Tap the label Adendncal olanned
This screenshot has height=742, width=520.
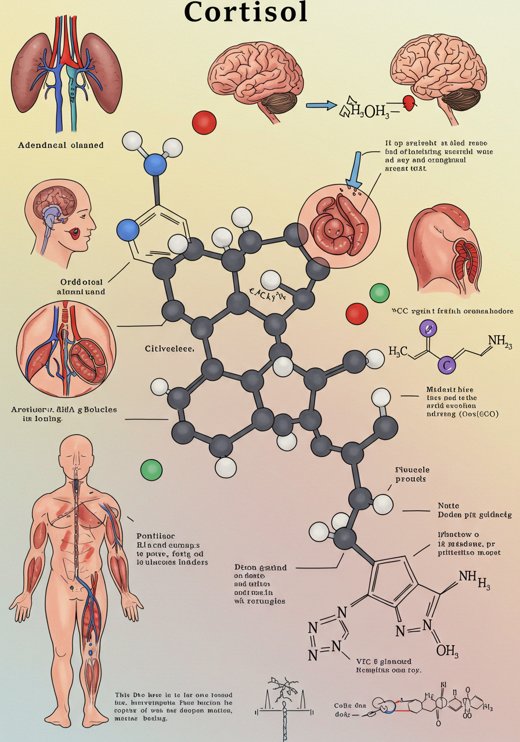click(61, 145)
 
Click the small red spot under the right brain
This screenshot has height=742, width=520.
click(409, 103)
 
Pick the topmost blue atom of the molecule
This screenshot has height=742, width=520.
click(155, 164)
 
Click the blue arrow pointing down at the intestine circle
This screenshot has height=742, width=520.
click(353, 171)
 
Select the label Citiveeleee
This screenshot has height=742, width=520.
click(169, 350)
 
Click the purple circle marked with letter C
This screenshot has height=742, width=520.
click(446, 365)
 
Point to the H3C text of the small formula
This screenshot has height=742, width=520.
click(398, 351)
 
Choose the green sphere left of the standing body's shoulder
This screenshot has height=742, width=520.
click(151, 468)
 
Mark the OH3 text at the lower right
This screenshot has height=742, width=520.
click(447, 651)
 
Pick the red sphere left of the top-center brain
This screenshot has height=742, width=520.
click(204, 122)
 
